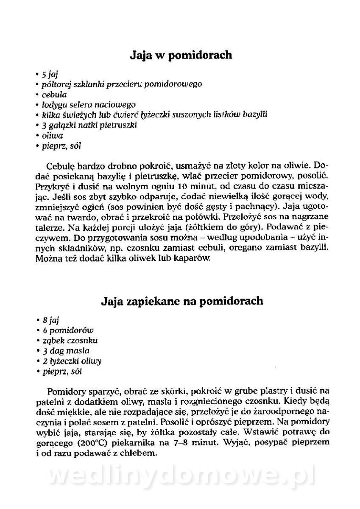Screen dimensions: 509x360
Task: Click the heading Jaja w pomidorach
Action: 180,55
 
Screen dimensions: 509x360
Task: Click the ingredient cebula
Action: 54,95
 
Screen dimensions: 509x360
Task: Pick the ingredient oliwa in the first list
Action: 53,136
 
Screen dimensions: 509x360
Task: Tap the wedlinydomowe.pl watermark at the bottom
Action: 181,476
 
